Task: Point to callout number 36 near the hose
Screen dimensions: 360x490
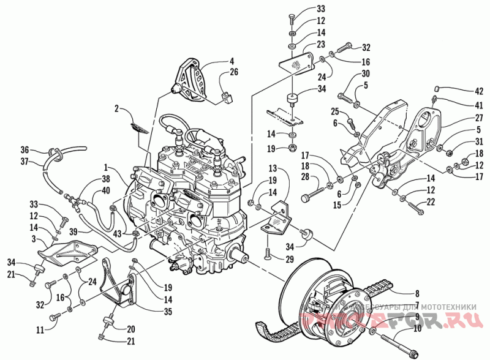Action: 24,149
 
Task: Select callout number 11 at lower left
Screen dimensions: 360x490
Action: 40,330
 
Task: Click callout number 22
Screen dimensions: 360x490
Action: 431,202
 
